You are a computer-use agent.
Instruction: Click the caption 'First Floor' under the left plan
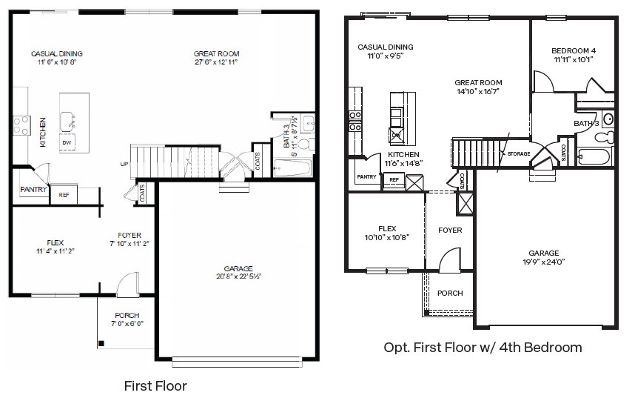[x=155, y=386]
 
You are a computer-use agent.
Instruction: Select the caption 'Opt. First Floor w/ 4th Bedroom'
[x=483, y=348]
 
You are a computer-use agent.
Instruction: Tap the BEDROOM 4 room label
[x=574, y=51]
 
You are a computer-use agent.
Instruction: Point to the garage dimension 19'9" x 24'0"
[x=543, y=262]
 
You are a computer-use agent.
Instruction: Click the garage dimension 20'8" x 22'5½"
[x=238, y=276]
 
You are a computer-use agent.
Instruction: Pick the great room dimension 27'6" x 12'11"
[x=216, y=62]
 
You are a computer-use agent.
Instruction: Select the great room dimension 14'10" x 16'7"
[x=478, y=92]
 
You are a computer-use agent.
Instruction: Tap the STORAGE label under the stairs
[x=517, y=154]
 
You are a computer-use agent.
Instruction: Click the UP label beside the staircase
[x=125, y=164]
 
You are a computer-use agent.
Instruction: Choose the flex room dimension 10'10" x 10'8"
[x=386, y=238]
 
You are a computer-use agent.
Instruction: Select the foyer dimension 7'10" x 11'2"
[x=130, y=243]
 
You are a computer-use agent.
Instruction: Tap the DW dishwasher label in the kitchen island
[x=67, y=142]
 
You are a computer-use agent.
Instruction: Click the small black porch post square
[x=102, y=342]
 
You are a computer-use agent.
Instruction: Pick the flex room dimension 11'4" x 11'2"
[x=55, y=251]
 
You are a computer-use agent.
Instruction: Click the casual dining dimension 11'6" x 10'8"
[x=57, y=62]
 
